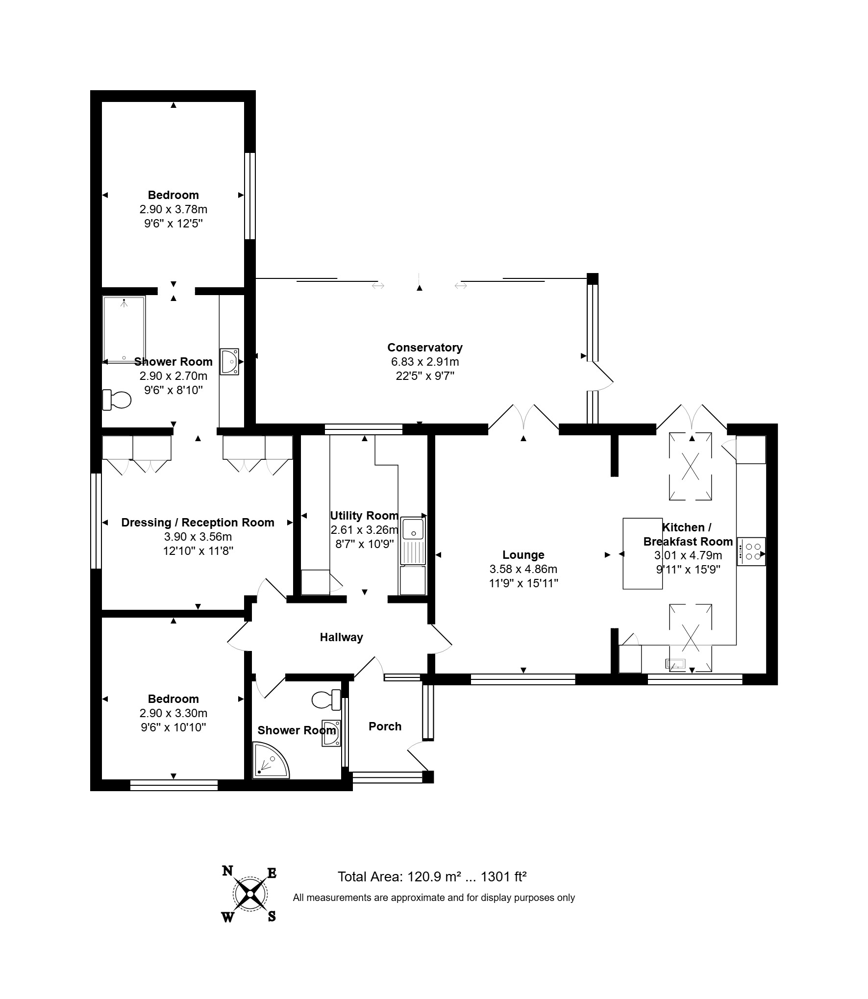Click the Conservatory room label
point(424,348)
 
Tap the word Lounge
point(523,555)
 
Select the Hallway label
point(341,637)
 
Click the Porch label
point(385,726)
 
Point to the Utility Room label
point(364,516)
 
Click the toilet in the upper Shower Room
point(117,400)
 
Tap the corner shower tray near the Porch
point(271,760)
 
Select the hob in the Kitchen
point(751,551)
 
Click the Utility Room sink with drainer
point(413,541)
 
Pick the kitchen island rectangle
point(643,553)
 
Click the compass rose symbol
point(250,895)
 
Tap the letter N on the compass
point(227,871)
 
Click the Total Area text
point(432,876)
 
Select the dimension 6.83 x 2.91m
point(424,362)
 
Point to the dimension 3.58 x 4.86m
point(523,569)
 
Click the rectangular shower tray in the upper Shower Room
point(124,329)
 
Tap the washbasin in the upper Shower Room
point(229,362)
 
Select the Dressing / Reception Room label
point(198,523)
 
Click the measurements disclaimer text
point(434,898)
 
